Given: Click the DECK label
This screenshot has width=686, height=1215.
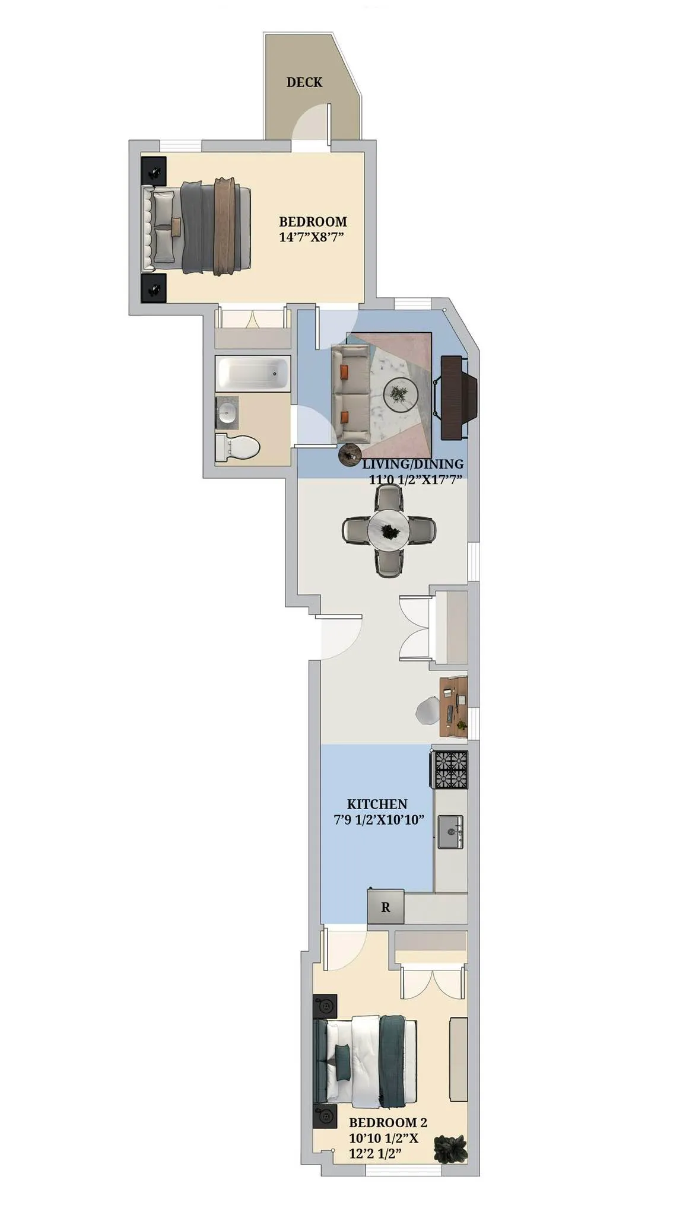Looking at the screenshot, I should click(x=304, y=82).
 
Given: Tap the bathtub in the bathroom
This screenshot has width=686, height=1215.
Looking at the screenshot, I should click(x=252, y=373).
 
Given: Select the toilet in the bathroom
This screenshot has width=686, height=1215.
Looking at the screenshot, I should click(x=237, y=447).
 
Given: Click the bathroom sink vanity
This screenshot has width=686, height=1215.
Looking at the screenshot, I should click(x=227, y=411).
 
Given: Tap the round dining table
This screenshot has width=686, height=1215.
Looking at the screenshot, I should click(x=389, y=529).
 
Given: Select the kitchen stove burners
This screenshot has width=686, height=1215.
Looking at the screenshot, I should click(x=451, y=769).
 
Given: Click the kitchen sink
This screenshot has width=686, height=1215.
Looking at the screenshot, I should click(x=450, y=832).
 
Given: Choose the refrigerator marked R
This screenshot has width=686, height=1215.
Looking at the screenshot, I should click(x=385, y=907).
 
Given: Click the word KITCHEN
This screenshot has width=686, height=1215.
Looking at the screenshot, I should click(x=377, y=804).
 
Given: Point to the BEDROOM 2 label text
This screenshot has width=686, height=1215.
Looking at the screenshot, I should click(x=388, y=1122).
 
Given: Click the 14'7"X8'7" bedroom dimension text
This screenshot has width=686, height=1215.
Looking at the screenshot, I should click(x=312, y=237).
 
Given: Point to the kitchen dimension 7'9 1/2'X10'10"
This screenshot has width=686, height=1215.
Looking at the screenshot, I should click(x=379, y=820).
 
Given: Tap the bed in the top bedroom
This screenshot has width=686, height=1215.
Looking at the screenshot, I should click(x=199, y=226).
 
